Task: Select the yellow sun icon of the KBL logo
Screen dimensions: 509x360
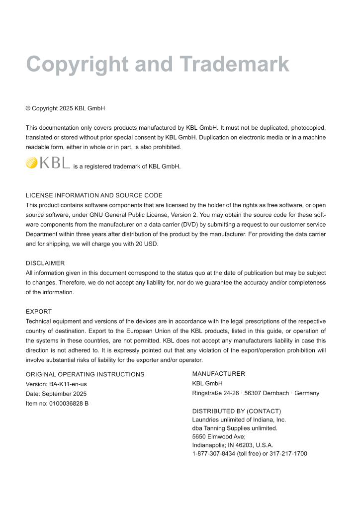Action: pos(31,163)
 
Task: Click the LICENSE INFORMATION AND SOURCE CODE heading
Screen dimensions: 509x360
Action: pos(94,195)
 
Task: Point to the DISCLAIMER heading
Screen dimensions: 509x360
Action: pos(45,263)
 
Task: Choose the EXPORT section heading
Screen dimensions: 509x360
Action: pos(39,312)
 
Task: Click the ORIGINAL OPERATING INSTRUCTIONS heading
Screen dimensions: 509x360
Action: pos(85,374)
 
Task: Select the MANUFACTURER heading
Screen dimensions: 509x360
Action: pos(218,374)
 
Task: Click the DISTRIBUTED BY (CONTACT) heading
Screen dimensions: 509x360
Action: pos(236,411)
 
